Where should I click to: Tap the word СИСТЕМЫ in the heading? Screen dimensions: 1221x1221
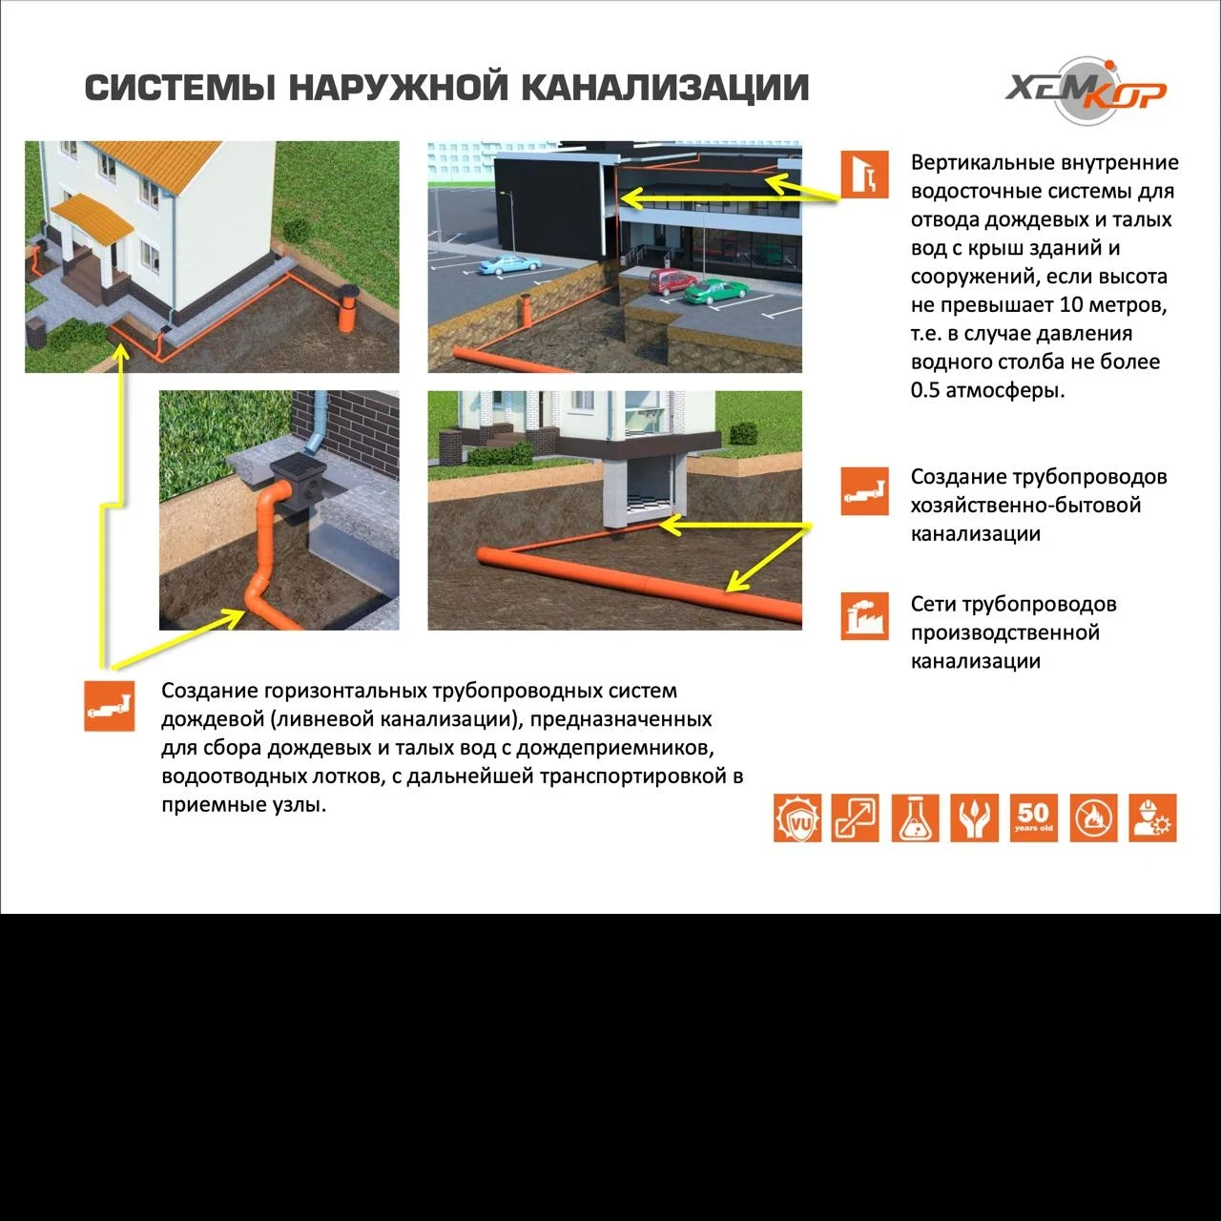click(180, 88)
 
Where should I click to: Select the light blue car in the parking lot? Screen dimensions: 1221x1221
click(503, 265)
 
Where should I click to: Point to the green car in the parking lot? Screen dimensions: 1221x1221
click(716, 292)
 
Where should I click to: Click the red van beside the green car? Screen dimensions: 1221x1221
click(673, 280)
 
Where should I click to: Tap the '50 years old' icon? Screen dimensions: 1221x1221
click(1033, 817)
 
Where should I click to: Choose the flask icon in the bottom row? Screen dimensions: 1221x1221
click(915, 817)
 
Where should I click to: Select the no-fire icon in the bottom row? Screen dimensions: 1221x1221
click(1093, 817)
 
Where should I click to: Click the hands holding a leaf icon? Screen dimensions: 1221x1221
click(974, 817)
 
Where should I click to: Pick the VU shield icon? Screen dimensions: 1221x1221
click(797, 817)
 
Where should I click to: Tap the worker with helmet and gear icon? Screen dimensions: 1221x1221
click(1152, 817)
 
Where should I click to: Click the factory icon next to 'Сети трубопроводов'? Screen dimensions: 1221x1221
click(864, 615)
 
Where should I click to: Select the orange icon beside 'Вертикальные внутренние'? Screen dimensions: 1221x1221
click(864, 175)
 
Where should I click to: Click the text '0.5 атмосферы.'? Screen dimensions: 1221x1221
click(987, 390)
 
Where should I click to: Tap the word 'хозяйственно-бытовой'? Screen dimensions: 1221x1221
click(1025, 505)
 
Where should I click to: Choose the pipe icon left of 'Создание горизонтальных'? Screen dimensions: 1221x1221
click(109, 707)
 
